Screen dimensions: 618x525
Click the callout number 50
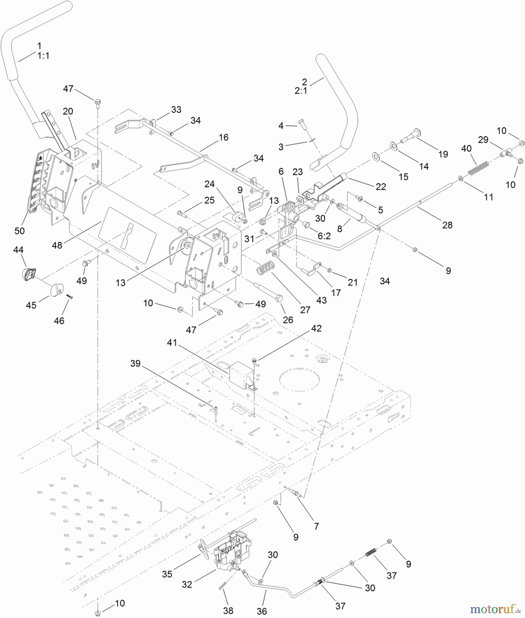coord(20,231)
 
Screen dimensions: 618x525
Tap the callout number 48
coord(57,245)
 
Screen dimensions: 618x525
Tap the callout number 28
coord(447,225)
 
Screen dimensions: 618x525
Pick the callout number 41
coord(172,343)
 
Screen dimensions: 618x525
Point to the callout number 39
coord(135,363)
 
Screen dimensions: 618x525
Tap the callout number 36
coord(262,611)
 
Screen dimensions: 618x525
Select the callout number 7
coord(316,526)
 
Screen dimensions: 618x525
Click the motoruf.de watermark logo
coord(494,609)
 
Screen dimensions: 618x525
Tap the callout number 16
coord(223,137)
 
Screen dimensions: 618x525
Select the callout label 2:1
coord(301,91)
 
